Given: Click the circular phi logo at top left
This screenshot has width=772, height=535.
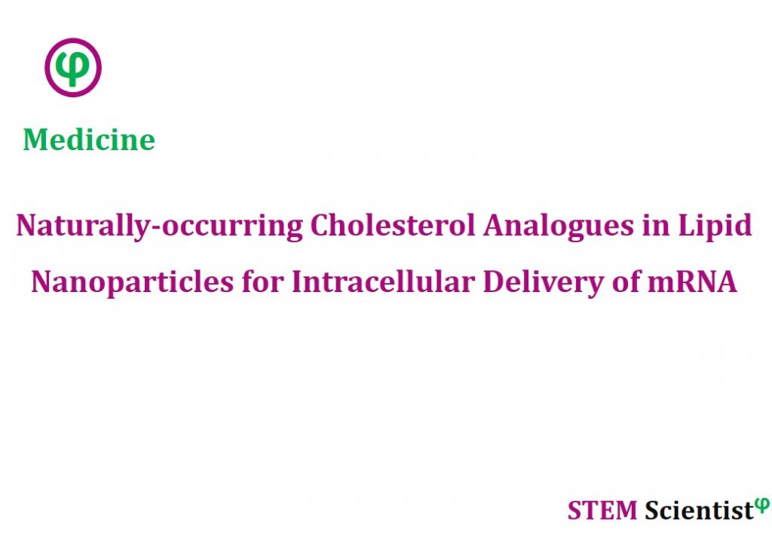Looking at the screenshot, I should pyautogui.click(x=73, y=67).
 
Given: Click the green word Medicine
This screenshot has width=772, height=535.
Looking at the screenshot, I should pyautogui.click(x=89, y=140).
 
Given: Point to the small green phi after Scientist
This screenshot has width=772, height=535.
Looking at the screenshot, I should pyautogui.click(x=762, y=504).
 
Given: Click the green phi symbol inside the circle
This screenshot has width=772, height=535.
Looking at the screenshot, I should pyautogui.click(x=73, y=68).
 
